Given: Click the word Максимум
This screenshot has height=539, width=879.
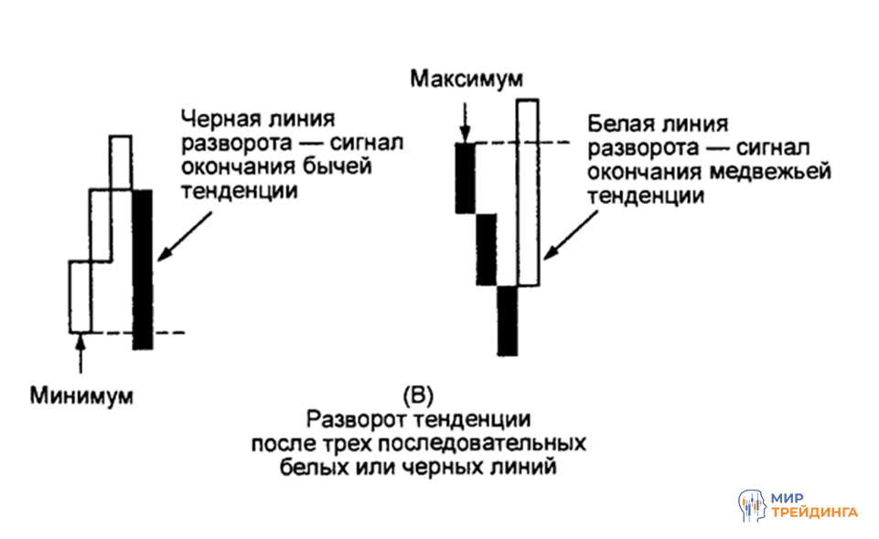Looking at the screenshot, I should (466, 81).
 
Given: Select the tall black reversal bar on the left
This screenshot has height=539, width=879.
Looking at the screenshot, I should (143, 269).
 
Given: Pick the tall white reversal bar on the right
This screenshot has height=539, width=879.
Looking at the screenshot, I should (528, 192).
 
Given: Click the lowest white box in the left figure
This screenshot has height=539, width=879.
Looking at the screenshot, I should (80, 296).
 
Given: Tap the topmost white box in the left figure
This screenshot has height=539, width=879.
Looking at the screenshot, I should (121, 162).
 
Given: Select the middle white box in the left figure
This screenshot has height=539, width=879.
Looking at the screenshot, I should (100, 224).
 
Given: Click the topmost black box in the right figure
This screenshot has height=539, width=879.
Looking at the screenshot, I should (464, 178).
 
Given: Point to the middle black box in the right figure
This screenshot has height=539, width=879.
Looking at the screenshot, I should (486, 250).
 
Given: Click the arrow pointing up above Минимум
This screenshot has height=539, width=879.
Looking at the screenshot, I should (80, 351).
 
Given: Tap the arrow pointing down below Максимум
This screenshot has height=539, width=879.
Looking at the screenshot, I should (466, 118).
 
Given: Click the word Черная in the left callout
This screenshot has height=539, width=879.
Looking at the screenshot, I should (217, 121).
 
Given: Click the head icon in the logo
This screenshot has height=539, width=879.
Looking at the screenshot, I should (752, 506).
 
